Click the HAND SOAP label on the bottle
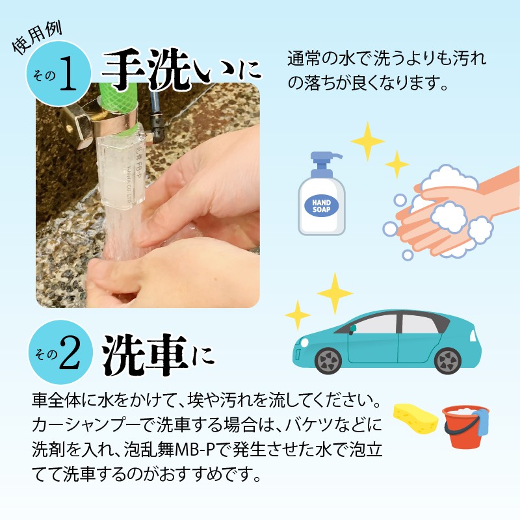(321, 206)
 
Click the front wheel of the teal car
(328, 361)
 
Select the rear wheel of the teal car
(448, 361)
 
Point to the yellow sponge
(415, 419)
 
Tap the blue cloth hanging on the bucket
(481, 422)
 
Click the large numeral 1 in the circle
(68, 73)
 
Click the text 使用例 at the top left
(37, 38)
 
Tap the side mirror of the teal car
(353, 329)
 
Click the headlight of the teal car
(304, 343)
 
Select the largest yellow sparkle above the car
(335, 293)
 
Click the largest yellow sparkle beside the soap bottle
(367, 141)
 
